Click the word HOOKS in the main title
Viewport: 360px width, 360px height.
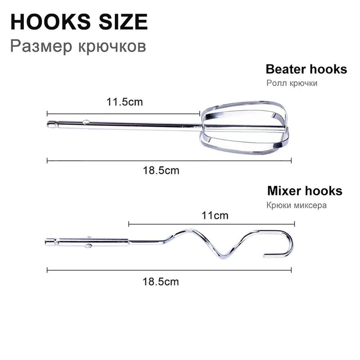pos(51,22)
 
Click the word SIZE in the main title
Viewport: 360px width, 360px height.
pos(123,22)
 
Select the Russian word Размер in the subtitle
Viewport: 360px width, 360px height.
pos(41,46)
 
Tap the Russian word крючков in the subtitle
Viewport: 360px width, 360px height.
pos(112,47)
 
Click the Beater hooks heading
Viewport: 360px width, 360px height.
pos(306,69)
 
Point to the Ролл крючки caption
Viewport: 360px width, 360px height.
pos(292,83)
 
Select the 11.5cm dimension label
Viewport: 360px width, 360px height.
pos(125,102)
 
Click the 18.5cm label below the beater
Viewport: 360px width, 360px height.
pos(161,171)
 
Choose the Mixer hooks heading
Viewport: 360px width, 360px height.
pos(305,191)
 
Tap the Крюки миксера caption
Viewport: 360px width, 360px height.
pos(297,205)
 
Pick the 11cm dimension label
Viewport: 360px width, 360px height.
pos(215,216)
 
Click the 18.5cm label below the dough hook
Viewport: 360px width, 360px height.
pos(161,282)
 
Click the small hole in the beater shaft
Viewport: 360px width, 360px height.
pos(86,122)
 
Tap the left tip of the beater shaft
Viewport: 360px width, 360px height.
pos(48,124)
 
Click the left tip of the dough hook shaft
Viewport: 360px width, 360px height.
pos(45,242)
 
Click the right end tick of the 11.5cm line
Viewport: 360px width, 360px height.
pos(200,113)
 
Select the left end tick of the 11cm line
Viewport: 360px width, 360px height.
pos(129,224)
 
